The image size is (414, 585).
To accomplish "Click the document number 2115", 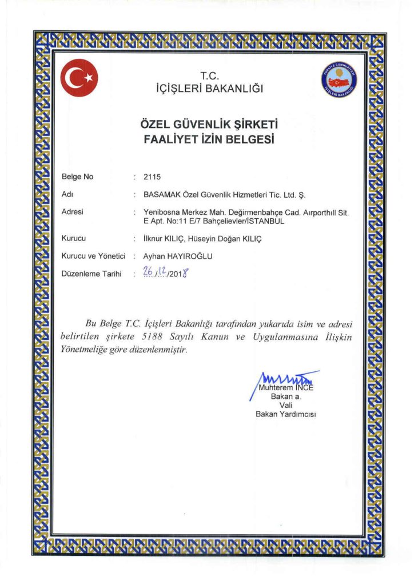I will [x=153, y=177].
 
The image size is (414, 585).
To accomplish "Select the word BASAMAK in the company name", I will [x=161, y=195].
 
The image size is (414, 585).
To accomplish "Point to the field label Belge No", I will [x=77, y=177].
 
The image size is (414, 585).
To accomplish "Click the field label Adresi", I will [x=73, y=212].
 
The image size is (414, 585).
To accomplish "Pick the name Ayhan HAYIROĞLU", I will [x=178, y=257].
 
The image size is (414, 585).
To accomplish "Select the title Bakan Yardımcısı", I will [x=286, y=414].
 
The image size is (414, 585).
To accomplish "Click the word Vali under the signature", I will [x=286, y=405].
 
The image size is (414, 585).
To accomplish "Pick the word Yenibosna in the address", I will [x=162, y=212].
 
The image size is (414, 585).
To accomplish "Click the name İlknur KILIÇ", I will [x=163, y=239].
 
